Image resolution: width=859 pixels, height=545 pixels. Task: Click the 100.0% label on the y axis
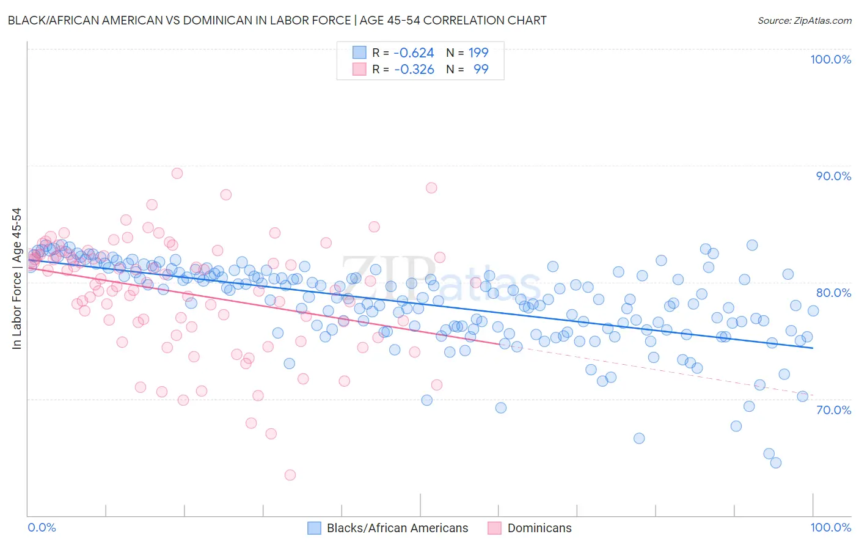(x=830, y=59)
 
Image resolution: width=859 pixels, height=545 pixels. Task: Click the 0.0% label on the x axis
(x=42, y=527)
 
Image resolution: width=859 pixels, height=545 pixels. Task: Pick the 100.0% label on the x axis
(x=830, y=527)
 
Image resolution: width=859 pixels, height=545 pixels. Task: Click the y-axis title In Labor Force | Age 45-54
(x=17, y=279)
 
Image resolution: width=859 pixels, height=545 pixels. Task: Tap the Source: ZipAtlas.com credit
(x=804, y=21)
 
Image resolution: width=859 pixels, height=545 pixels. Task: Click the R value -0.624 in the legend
(x=414, y=53)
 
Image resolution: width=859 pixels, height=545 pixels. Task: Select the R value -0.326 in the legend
(x=414, y=69)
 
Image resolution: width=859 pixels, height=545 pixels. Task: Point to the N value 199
(x=478, y=53)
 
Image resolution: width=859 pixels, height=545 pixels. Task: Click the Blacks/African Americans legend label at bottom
(x=397, y=528)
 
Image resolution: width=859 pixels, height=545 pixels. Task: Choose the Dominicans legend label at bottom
(x=539, y=528)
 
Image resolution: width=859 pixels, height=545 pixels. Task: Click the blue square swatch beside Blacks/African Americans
(x=314, y=528)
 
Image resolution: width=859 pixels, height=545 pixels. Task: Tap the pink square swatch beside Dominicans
(x=494, y=528)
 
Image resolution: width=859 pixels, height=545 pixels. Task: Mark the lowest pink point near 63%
(x=290, y=475)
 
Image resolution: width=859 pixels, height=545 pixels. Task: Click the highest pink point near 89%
(x=177, y=173)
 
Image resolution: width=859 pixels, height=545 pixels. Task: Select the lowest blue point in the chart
(x=776, y=463)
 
